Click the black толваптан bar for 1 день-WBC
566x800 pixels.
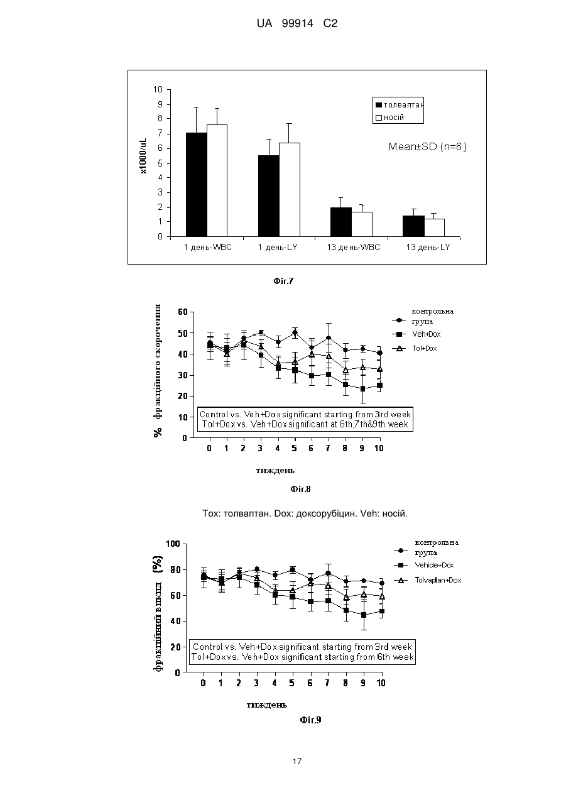[197, 185]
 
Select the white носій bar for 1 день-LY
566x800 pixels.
[290, 190]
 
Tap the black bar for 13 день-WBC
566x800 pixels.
[341, 222]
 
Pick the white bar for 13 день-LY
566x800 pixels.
[434, 227]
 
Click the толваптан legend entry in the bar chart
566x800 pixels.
[400, 105]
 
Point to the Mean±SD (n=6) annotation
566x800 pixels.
[427, 147]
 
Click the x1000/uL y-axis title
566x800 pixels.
[144, 156]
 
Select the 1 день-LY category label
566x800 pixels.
[278, 247]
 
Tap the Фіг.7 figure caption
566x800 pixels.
[283, 281]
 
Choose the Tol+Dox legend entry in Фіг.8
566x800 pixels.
[415, 349]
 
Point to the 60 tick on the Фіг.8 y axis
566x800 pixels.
[182, 312]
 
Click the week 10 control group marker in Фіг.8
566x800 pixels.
[379, 353]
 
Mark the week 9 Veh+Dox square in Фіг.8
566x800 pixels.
[363, 388]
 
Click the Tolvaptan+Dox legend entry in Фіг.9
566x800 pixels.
[428, 580]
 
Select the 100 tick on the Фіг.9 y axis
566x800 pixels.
[173, 544]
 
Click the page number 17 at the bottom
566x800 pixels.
[297, 762]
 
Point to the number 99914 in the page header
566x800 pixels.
[298, 23]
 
